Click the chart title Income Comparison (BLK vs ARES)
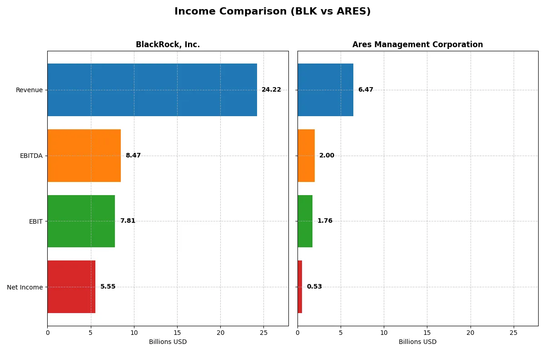(272, 12)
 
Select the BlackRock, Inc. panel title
(168, 44)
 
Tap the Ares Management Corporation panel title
(417, 44)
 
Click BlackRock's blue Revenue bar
(152, 90)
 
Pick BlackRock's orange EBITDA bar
(84, 156)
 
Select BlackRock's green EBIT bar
(81, 221)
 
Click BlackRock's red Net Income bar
(71, 287)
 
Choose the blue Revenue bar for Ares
(325, 90)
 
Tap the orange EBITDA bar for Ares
(306, 156)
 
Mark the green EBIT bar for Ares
(305, 221)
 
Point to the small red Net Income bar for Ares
(300, 287)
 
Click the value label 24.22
(271, 90)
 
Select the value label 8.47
(133, 156)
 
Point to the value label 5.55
(108, 287)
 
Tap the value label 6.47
(366, 90)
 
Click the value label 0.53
(314, 287)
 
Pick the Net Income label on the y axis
(25, 287)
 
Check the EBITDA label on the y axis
(31, 156)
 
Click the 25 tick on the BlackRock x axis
(263, 333)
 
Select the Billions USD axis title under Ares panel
(417, 342)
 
